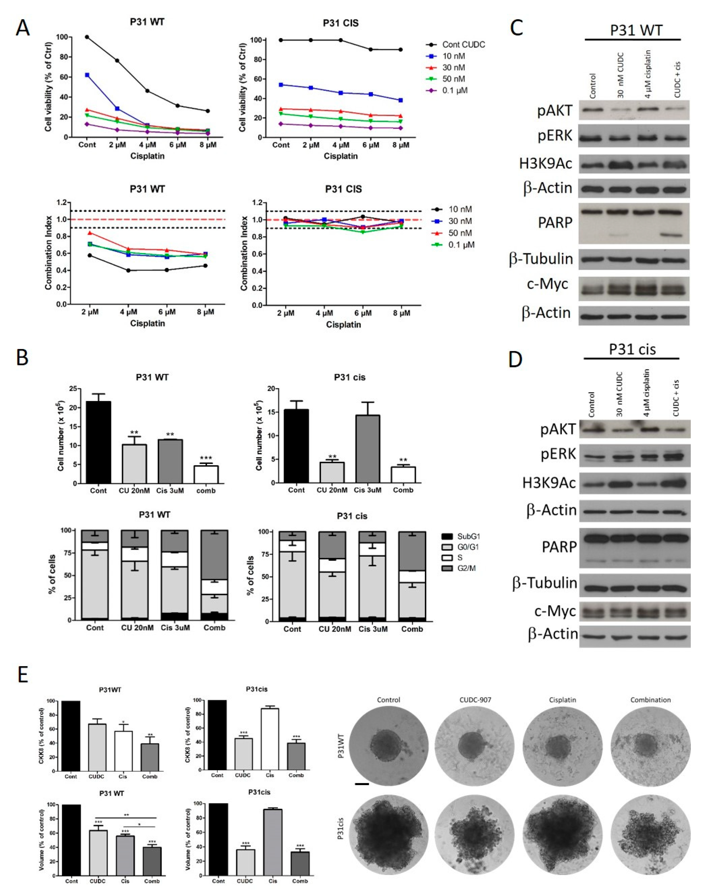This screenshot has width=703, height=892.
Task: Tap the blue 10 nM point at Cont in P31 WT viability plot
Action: pos(87,75)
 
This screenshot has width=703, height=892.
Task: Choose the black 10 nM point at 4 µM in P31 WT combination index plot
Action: pos(128,270)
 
